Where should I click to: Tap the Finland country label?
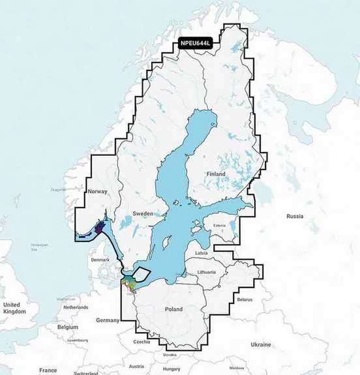[x=215, y=174]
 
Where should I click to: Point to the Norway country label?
[x=97, y=191]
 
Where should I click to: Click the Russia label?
[x=295, y=216]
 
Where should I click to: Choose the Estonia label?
[x=215, y=227]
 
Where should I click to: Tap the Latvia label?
[x=201, y=252]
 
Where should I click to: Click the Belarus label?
[x=244, y=299]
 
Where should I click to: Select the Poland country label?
[x=174, y=310]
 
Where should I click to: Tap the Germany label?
[x=108, y=320]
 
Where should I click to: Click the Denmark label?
[x=101, y=260]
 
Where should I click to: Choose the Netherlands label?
[x=76, y=307]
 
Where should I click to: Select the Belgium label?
[x=67, y=327]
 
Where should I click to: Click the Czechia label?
[x=142, y=341]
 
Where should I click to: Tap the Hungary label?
[x=172, y=368]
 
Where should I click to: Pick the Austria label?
[x=136, y=366]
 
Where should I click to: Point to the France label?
[x=48, y=370]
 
